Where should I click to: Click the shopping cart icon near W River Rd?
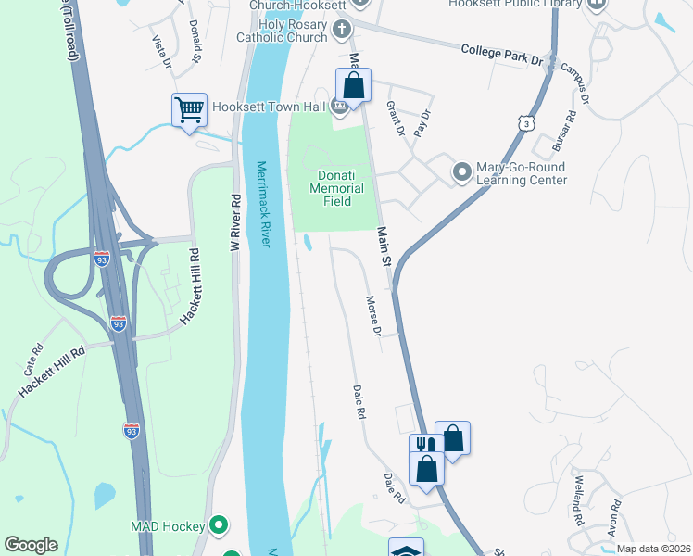click(190, 110)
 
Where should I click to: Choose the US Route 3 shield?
click(526, 122)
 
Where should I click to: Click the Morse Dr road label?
click(373, 316)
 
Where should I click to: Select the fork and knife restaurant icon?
click(423, 445)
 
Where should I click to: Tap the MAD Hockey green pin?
click(219, 526)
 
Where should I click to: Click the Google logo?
click(31, 545)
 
